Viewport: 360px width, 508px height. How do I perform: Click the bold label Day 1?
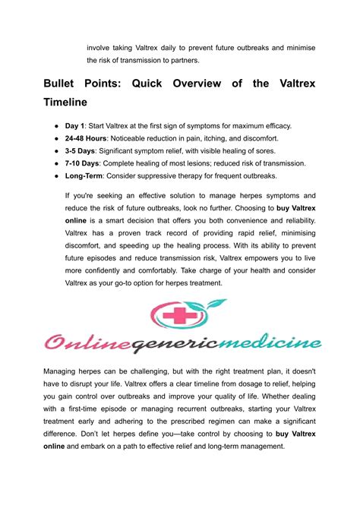[x=75, y=125]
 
